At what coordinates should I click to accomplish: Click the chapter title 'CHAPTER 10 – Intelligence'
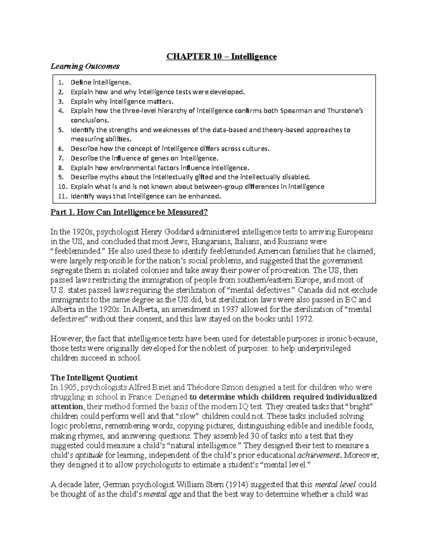click(221, 57)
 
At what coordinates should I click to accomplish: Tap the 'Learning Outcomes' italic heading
click(85, 66)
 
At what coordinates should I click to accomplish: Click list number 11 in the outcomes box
click(62, 196)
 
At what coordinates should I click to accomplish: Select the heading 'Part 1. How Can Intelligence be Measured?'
click(129, 212)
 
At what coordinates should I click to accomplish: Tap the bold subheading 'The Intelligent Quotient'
click(94, 378)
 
